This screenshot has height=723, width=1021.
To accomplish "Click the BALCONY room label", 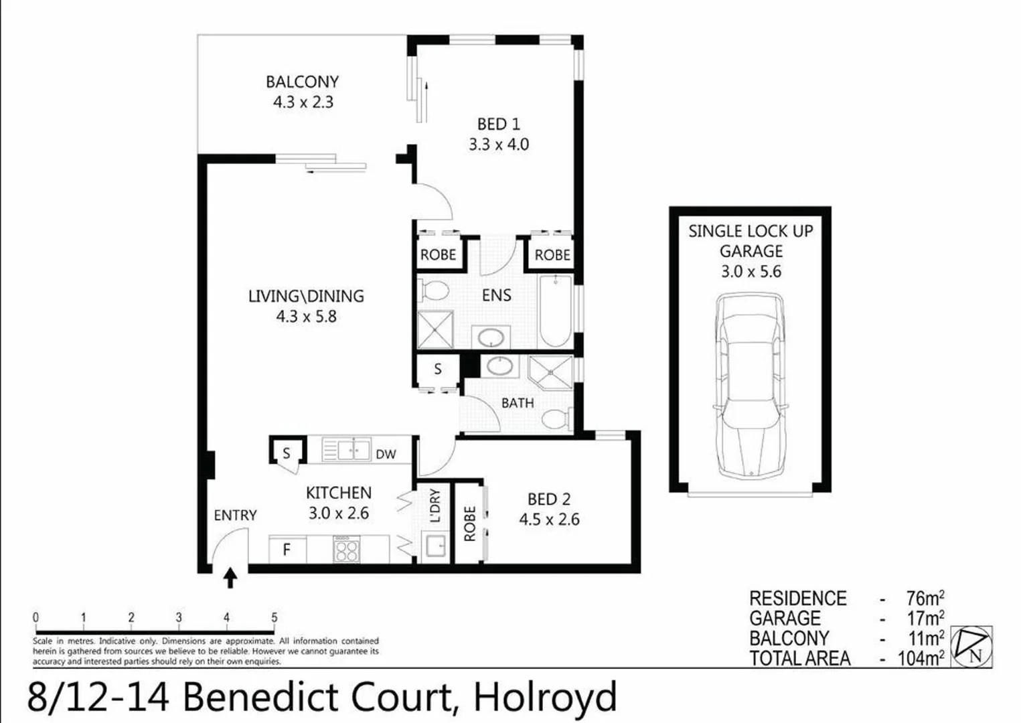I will [302, 82].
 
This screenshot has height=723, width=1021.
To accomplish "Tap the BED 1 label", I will [498, 125].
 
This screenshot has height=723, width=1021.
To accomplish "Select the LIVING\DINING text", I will [306, 296].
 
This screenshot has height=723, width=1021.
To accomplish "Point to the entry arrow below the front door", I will [230, 578].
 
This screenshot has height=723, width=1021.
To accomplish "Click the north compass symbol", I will [972, 646].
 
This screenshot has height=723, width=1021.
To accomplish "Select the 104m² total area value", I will [921, 658].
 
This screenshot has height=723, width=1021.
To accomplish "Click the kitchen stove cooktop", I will [346, 549].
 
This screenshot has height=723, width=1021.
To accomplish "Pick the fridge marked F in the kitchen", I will [287, 550].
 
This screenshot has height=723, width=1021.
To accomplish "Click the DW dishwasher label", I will [386, 454].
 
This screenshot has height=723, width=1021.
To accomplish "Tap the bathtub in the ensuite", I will [555, 311].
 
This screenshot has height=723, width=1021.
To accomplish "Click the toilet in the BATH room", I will [555, 419].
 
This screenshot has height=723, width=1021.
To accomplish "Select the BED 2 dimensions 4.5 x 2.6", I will [549, 519].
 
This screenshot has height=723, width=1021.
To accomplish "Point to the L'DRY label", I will [435, 505].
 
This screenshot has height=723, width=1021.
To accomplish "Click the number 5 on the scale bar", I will [274, 617].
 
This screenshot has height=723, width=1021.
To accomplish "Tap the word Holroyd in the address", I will [544, 697].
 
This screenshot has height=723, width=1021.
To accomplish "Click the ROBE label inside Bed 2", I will [469, 523].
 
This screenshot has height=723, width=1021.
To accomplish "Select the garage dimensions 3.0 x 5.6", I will [751, 271].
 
